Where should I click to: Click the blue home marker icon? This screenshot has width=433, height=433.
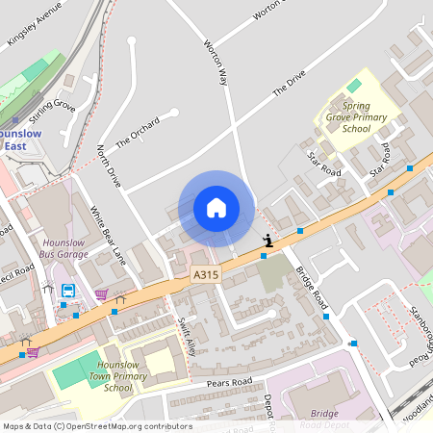(216, 207)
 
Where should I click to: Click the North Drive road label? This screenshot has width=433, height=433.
(109, 166)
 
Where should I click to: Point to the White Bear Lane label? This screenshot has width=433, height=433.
(108, 235)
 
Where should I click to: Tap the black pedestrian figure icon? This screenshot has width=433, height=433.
(267, 241)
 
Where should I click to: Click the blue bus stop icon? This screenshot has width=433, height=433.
(68, 291)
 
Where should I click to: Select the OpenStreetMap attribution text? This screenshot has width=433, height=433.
(97, 426)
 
